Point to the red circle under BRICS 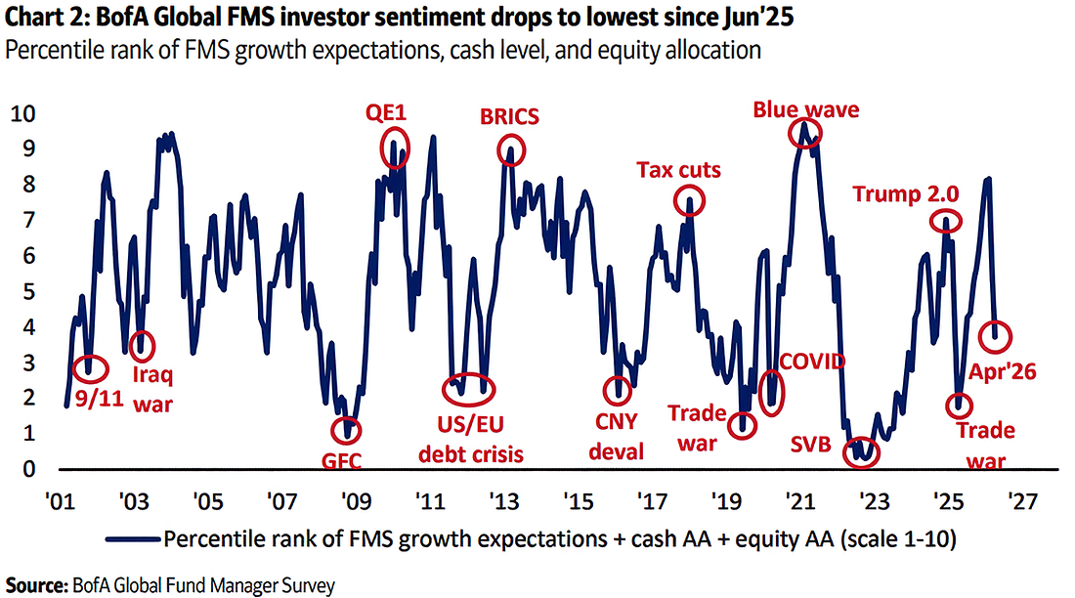point(510,149)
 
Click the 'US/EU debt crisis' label point(470,441)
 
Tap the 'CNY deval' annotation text point(617,435)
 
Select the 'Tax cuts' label point(679,170)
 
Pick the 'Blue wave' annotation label point(805,109)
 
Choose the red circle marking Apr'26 point(994,337)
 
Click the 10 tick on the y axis point(22,113)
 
